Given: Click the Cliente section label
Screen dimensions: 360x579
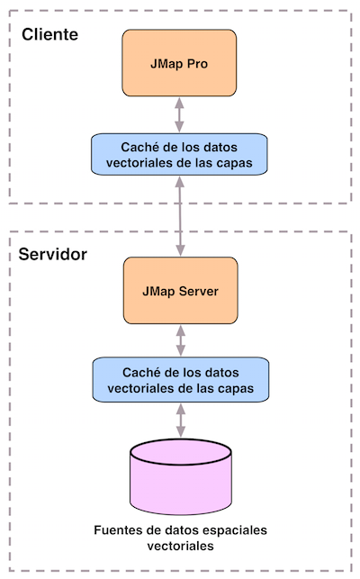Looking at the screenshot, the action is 49,34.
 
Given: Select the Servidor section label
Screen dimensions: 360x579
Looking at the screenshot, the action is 53,254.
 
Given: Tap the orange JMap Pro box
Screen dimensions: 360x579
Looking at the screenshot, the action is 179,63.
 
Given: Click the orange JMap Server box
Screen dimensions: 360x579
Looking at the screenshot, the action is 181,291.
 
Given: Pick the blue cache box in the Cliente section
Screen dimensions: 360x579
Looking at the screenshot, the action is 179,155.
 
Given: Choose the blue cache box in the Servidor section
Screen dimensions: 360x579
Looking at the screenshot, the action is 181,380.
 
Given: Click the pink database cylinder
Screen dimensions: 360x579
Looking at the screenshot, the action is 181,476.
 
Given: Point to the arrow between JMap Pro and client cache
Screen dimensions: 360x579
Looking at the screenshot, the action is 179,115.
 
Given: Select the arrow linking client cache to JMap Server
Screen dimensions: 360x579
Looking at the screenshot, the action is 180,216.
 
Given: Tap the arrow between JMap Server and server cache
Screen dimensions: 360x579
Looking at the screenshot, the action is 181,340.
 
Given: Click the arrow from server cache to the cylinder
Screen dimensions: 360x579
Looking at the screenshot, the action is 181,421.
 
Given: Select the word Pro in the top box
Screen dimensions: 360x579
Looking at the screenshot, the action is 197,64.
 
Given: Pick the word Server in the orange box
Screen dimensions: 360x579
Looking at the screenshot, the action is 199,292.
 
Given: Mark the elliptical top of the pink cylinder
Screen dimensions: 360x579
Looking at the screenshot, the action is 181,452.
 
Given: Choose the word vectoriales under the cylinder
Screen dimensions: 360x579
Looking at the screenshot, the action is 181,546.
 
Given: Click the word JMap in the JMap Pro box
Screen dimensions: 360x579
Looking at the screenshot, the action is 166,64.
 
